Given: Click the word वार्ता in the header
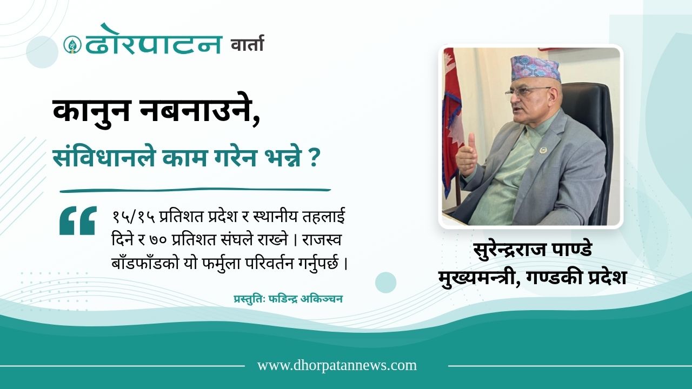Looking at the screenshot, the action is click(x=248, y=43).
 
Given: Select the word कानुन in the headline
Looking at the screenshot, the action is click(x=91, y=111).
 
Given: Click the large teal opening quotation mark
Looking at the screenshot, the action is click(x=77, y=220).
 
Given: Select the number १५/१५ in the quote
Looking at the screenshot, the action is click(x=134, y=218).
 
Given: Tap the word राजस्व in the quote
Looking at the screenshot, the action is click(x=322, y=240).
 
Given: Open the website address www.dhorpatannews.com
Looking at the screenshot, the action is click(x=337, y=366).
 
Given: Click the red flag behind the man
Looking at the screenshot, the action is click(x=453, y=124).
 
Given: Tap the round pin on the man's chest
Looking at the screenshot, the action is click(x=542, y=150).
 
